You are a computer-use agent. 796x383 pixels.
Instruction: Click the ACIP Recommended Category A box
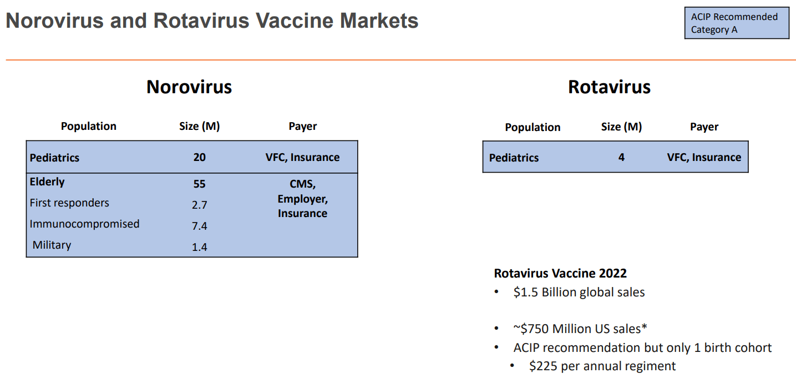[736, 23]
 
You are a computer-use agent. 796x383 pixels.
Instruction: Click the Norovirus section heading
[189, 87]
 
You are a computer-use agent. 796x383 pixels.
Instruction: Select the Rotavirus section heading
[609, 87]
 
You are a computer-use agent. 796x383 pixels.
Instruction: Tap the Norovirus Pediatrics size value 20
[200, 157]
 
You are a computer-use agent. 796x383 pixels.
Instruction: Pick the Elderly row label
[47, 182]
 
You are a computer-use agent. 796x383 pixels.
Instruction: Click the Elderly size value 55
[200, 184]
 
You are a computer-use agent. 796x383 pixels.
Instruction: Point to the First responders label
[69, 203]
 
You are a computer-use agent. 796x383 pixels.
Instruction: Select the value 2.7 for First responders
[200, 205]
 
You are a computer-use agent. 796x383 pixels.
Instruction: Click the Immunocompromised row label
[84, 224]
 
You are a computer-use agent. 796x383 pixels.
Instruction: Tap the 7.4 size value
[200, 226]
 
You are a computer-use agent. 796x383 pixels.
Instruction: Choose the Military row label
[52, 245]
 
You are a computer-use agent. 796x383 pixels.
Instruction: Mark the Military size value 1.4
[200, 247]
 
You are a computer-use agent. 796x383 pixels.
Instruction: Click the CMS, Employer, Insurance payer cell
[302, 198]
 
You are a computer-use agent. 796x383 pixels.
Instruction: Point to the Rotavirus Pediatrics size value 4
[621, 157]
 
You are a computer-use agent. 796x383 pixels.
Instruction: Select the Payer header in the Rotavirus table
[704, 127]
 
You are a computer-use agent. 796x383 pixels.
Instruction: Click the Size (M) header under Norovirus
[200, 126]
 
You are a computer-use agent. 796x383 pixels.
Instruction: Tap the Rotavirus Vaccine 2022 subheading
[560, 273]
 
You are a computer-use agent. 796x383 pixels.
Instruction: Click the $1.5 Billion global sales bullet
[579, 292]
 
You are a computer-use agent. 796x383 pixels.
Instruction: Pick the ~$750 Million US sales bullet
[580, 329]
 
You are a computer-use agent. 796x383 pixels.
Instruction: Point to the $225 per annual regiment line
[602, 366]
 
